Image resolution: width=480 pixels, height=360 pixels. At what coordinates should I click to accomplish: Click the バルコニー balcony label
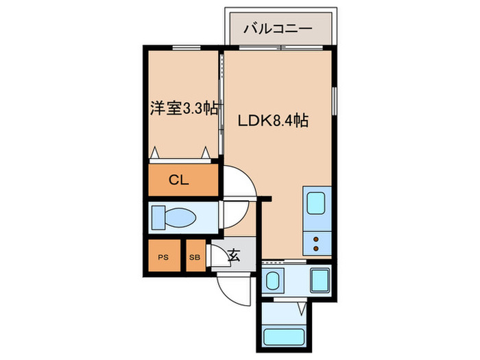(x=280, y=29)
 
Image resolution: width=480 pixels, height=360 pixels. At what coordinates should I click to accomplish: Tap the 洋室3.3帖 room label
(x=184, y=108)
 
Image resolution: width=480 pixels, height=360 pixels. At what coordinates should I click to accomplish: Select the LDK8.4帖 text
(x=272, y=121)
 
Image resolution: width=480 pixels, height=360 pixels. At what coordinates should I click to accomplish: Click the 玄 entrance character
(x=233, y=257)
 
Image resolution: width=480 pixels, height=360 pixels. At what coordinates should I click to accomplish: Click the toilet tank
(x=158, y=218)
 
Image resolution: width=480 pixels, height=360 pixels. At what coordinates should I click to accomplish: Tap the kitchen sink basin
(x=316, y=204)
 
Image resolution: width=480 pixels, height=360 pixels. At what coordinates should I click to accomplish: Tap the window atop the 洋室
(x=182, y=48)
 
